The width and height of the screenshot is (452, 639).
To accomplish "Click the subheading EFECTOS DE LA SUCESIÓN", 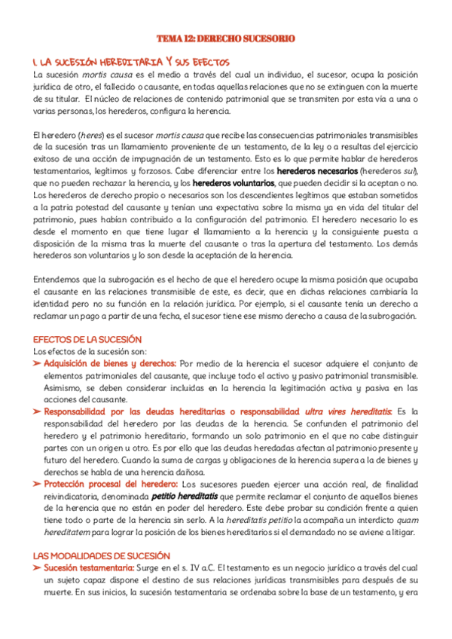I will point(87,340).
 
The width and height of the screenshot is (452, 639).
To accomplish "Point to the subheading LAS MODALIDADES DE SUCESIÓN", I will point(96,555).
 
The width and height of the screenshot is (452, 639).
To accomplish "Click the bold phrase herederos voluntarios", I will point(234,183).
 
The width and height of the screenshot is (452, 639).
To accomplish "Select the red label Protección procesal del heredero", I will point(111,485).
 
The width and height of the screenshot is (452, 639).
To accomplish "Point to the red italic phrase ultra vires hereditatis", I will point(347,411).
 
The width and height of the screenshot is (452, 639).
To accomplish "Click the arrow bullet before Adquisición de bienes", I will point(37,363).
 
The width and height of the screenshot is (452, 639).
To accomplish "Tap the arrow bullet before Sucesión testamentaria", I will point(37,568).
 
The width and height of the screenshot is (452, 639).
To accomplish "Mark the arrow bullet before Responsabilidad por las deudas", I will point(37,411).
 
